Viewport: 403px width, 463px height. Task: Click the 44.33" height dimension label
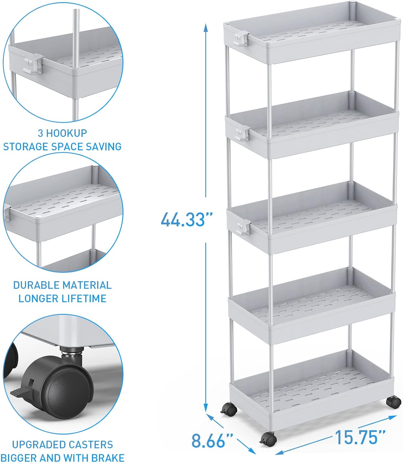tap(187, 219)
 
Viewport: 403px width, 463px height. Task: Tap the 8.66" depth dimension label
tap(212, 440)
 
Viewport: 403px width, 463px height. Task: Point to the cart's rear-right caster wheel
tap(394, 402)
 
